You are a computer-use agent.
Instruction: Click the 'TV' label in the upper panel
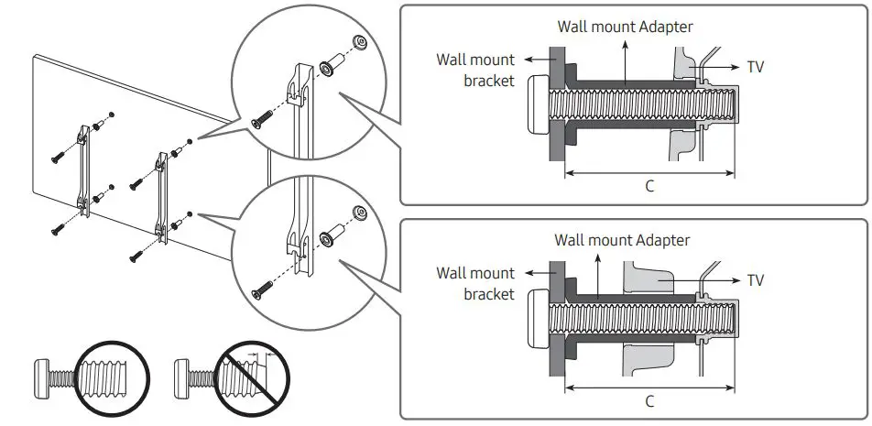tap(756, 67)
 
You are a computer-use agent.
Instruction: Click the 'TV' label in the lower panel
tap(756, 280)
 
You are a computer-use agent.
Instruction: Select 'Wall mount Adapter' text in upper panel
tap(626, 27)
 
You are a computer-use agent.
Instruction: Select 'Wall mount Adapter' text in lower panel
tap(622, 240)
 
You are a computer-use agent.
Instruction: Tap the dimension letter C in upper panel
tap(649, 185)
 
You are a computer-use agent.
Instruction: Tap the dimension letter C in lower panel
tap(649, 401)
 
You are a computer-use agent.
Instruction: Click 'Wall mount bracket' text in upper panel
tap(475, 70)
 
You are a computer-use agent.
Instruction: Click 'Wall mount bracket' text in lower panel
tap(475, 283)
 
